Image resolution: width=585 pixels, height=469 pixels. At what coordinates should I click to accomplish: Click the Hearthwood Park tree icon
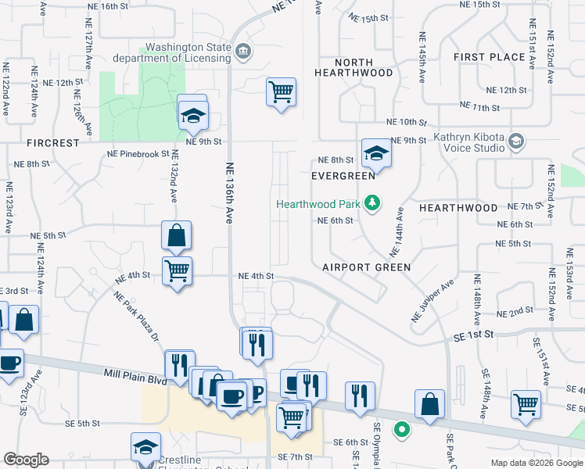click(x=372, y=204)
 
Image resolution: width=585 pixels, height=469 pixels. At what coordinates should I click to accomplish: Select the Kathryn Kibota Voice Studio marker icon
click(x=515, y=141)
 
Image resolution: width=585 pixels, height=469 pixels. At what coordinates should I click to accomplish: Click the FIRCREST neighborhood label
click(x=52, y=144)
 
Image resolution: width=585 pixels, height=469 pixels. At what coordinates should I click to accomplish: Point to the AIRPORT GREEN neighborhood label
click(x=367, y=267)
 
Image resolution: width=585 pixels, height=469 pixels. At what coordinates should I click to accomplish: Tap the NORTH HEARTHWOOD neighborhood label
click(x=354, y=67)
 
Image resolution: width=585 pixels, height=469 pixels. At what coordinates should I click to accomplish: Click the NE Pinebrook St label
click(x=138, y=153)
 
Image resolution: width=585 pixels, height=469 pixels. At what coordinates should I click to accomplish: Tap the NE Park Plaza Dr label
click(x=136, y=317)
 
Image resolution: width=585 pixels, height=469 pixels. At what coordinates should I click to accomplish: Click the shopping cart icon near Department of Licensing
click(x=281, y=92)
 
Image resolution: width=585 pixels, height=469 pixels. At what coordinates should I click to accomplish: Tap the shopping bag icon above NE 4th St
click(x=177, y=235)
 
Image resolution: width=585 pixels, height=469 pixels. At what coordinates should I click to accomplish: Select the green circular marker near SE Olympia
click(x=402, y=428)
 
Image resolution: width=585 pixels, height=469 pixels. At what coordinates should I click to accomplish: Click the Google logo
click(x=26, y=460)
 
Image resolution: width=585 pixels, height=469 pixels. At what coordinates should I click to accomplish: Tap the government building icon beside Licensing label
click(x=243, y=52)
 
